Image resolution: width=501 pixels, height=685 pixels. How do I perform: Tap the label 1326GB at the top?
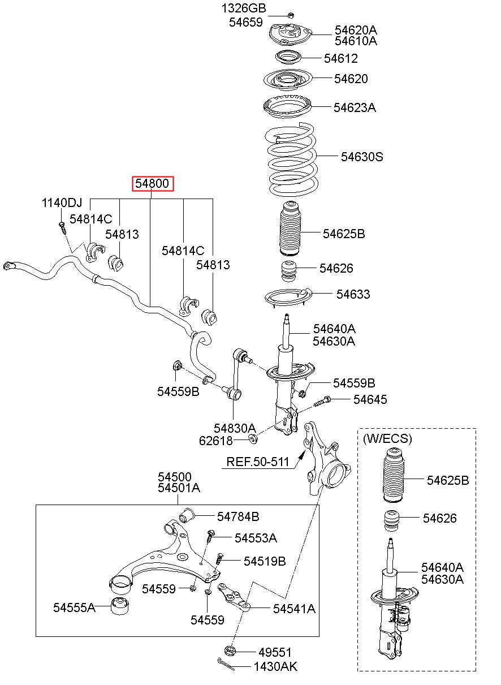[244, 8]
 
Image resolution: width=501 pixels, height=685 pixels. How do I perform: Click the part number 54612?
[340, 58]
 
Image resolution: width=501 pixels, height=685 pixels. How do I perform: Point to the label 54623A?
[354, 107]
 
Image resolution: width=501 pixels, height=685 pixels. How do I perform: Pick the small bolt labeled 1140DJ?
[62, 228]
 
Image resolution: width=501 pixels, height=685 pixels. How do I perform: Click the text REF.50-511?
[258, 462]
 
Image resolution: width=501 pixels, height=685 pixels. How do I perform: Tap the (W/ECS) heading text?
[387, 438]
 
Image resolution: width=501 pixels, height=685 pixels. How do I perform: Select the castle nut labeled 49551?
[230, 650]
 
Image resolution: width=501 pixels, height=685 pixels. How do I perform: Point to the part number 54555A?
[74, 608]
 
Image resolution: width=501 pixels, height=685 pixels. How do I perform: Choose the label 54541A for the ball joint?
[294, 608]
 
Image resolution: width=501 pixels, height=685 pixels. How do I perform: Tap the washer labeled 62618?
[253, 439]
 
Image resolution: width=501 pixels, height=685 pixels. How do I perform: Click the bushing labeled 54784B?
[187, 515]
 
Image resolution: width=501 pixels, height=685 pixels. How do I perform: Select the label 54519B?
[265, 561]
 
